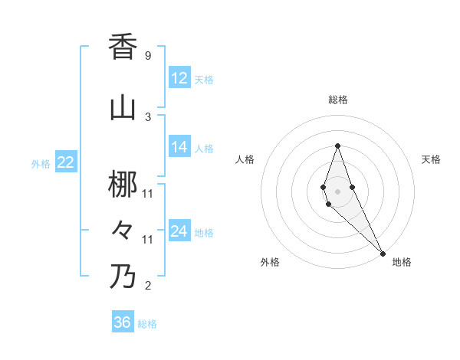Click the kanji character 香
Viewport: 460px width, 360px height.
123,47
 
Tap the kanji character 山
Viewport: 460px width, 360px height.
123,108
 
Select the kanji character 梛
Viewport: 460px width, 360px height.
123,185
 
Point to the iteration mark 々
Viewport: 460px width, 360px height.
123,229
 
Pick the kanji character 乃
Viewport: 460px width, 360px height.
123,276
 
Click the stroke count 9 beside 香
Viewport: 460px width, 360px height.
147,56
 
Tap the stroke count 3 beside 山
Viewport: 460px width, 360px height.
147,116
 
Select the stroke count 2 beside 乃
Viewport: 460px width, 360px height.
147,286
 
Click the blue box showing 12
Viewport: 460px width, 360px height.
179,77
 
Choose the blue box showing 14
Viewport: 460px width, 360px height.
179,147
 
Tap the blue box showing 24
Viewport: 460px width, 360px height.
179,231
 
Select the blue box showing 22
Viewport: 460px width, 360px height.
65,162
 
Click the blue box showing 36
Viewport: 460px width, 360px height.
123,322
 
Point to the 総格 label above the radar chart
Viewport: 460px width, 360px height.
338,100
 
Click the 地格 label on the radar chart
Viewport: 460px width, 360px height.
402,262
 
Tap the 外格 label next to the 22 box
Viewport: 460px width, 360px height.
41,163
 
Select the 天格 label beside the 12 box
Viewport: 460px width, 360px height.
203,79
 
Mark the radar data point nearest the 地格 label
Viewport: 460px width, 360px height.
383,252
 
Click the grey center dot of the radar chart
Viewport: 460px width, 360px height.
338,180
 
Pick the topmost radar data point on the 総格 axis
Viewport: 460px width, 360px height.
338,146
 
